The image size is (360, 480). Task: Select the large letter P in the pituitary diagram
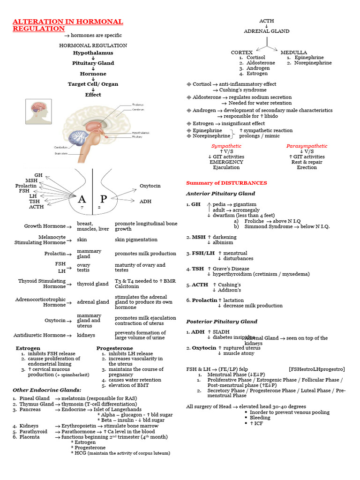point(103,199)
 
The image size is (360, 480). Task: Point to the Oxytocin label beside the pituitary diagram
point(150,186)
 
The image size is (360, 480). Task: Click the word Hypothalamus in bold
point(93,53)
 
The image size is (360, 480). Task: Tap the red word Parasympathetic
point(307,146)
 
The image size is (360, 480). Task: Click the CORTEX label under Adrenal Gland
point(242,52)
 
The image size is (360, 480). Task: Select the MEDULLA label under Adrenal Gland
point(294,52)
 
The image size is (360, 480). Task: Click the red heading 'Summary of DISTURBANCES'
point(226,183)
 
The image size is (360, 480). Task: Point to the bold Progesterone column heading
point(114,348)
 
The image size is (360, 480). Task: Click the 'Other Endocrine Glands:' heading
point(47,390)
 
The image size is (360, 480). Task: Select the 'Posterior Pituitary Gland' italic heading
point(222,322)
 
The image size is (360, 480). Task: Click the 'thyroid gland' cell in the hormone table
point(93,284)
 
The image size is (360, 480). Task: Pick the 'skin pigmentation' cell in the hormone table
point(136,240)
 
